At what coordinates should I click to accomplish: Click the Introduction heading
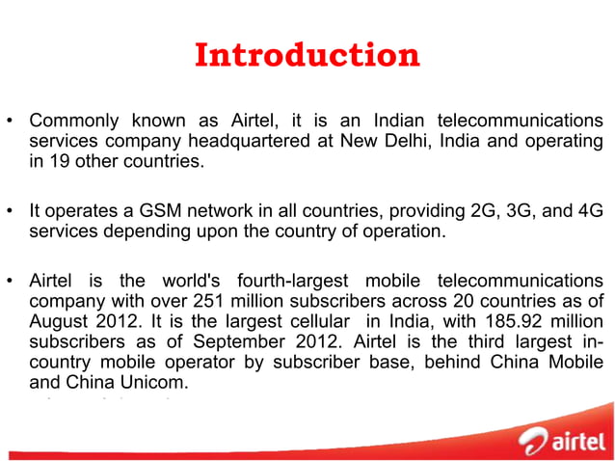307,55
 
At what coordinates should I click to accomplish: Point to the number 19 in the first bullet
56,162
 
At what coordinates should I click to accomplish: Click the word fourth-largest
303,281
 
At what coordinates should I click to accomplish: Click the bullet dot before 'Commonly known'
12,122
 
